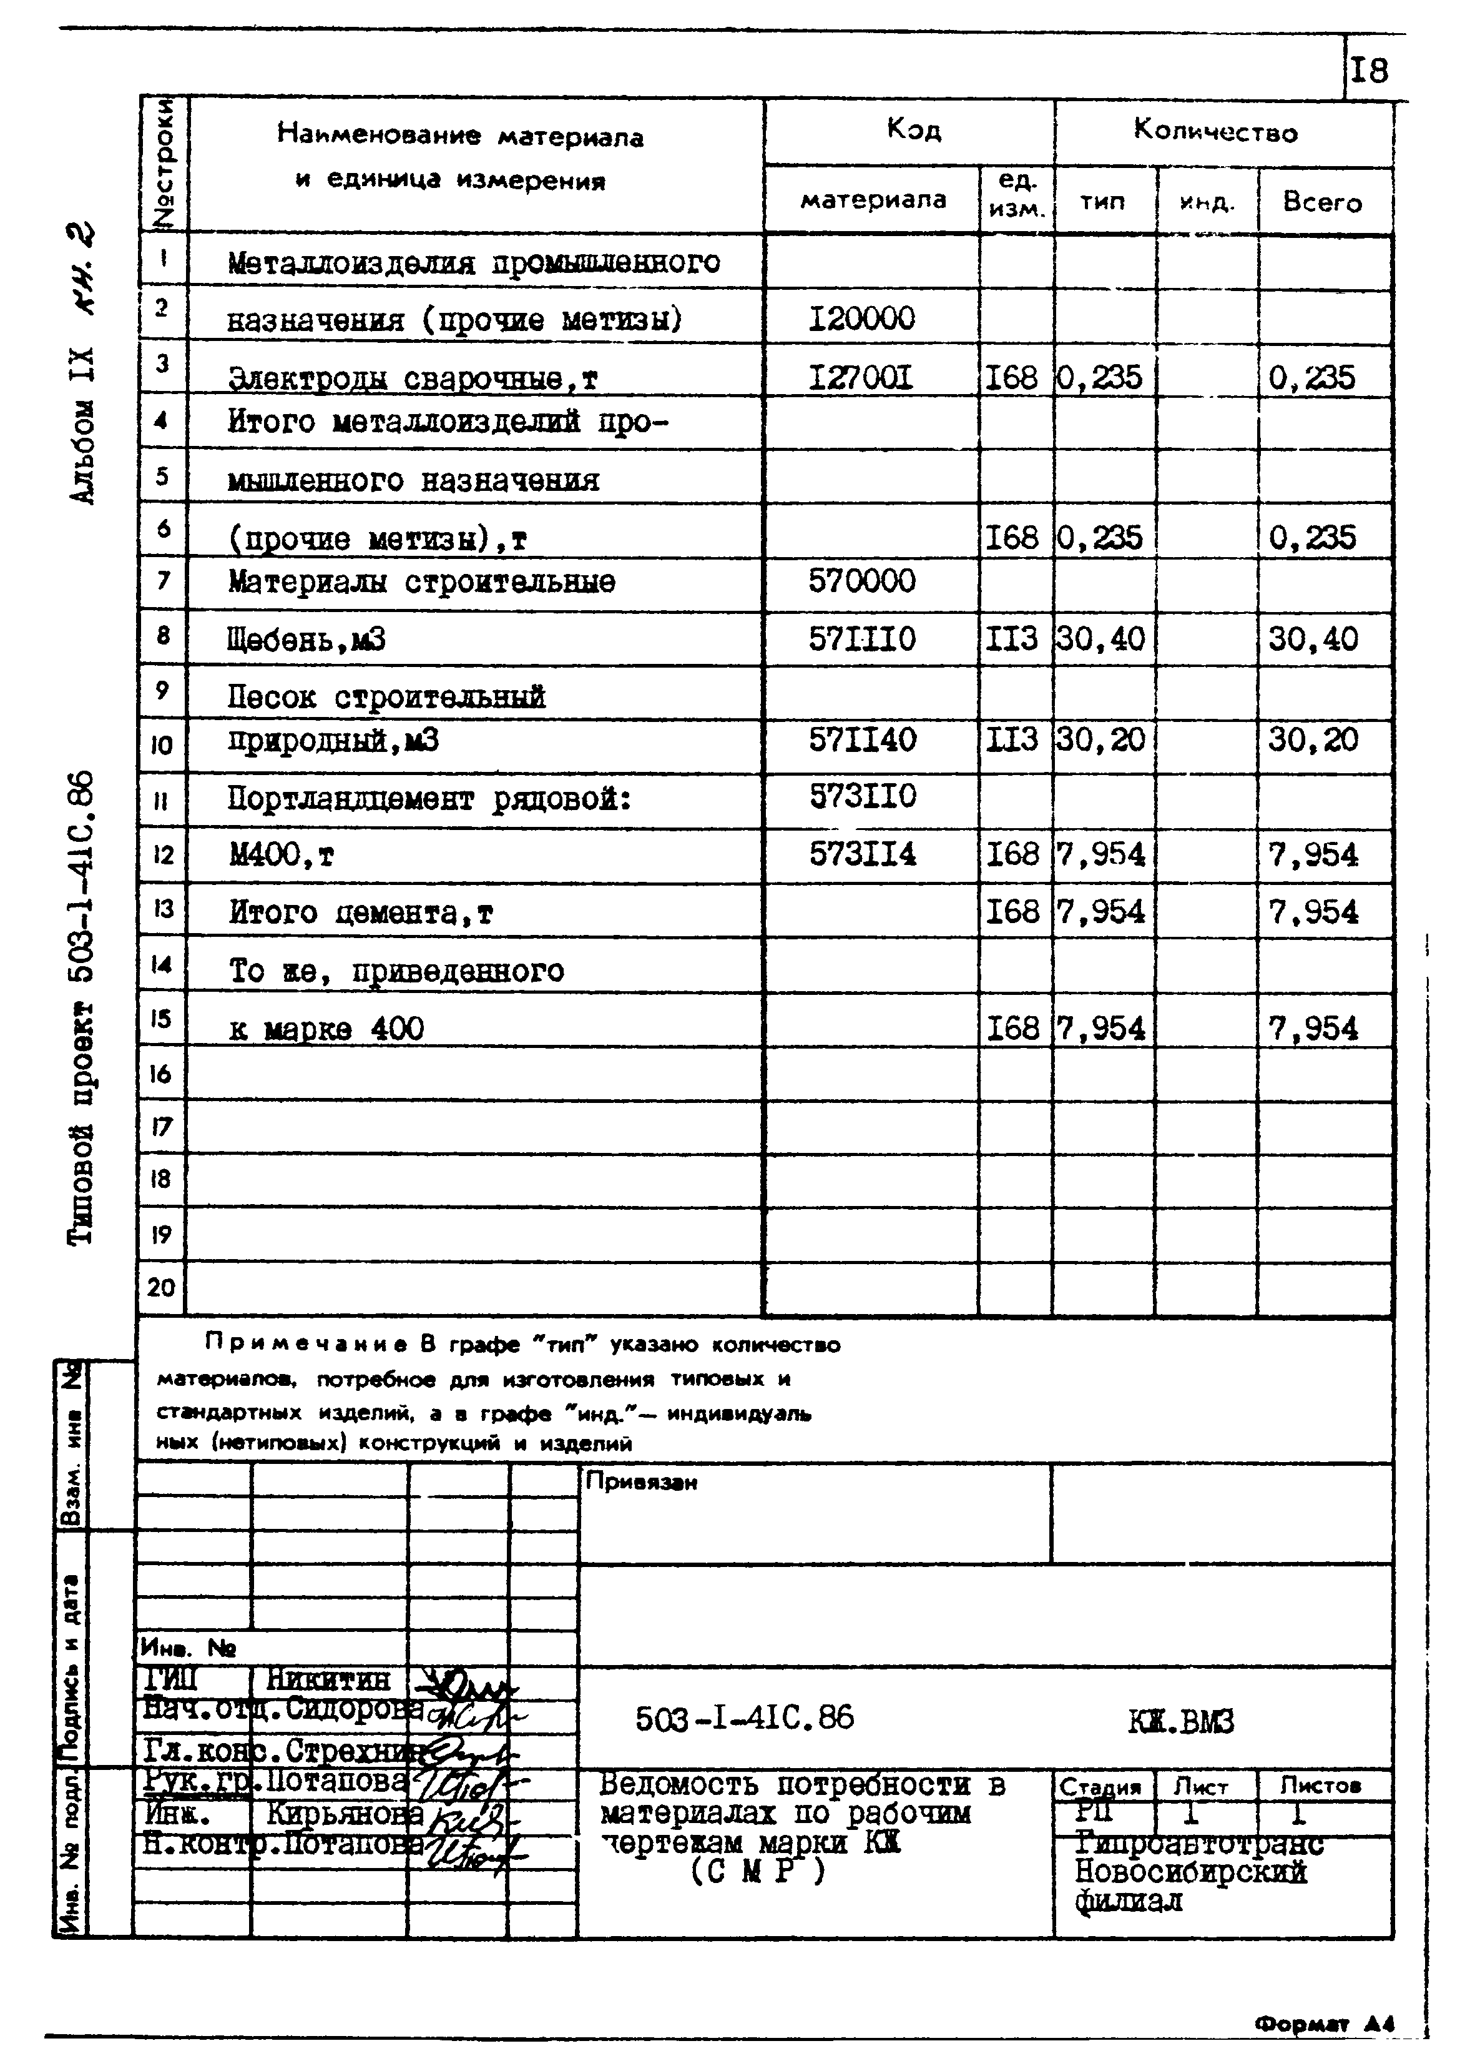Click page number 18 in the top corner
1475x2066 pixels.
(x=1369, y=70)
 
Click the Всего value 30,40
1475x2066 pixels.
(x=1313, y=640)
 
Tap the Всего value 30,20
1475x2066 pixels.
(x=1313, y=739)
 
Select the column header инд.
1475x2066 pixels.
(x=1206, y=202)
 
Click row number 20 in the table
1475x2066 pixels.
(x=161, y=1287)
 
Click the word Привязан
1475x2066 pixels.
(x=641, y=1483)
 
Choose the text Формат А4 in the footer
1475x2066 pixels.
(x=1324, y=2024)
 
